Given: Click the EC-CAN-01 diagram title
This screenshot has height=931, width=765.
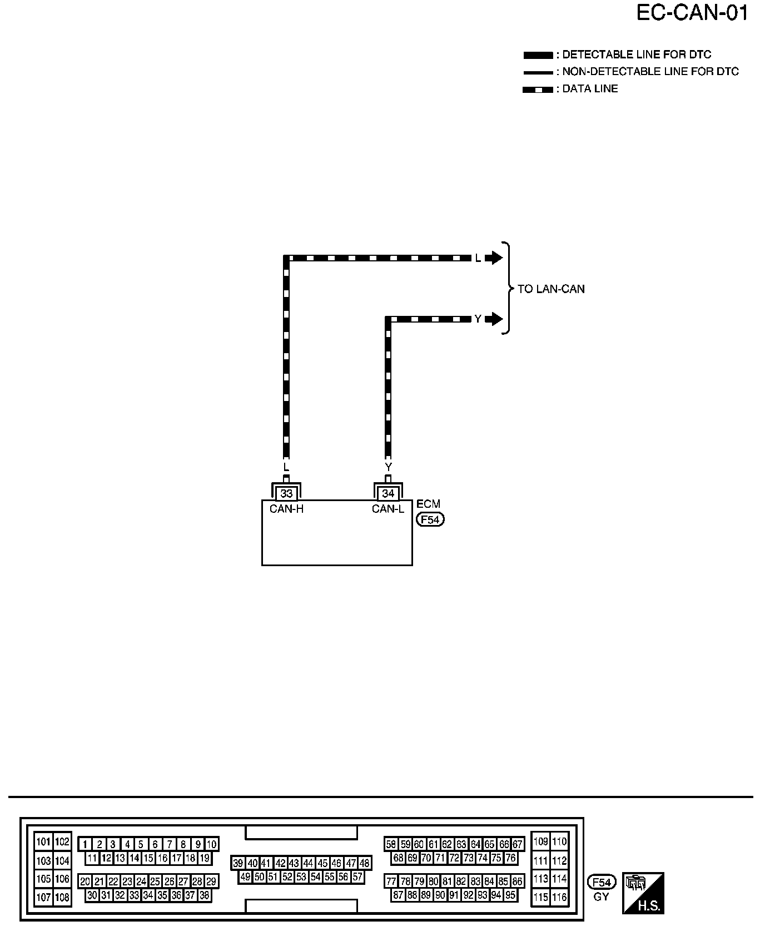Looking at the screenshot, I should point(692,13).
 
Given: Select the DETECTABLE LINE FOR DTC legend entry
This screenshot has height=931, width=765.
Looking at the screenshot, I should point(637,55).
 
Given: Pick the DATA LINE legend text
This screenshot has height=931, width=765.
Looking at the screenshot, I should point(590,89).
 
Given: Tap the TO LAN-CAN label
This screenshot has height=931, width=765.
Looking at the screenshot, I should point(551,289).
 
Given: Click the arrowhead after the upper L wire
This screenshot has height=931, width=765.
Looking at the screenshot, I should point(494,258).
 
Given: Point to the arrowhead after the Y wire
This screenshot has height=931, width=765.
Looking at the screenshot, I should point(494,319).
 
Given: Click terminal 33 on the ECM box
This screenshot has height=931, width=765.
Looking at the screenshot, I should point(286,493).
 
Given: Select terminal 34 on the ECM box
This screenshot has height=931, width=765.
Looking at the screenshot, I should point(388,493).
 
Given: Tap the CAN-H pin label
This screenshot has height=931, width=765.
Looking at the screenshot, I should point(286,509).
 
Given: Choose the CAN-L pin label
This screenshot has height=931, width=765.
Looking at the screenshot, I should point(388,509).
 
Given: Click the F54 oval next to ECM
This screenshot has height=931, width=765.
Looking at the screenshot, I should point(430,520).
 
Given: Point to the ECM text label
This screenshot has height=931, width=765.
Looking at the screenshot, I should point(428,504).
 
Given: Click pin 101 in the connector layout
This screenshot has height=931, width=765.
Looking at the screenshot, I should point(43,841).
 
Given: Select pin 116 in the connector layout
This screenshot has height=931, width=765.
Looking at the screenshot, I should point(559,897).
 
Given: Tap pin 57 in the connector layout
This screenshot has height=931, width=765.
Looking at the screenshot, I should point(357,877).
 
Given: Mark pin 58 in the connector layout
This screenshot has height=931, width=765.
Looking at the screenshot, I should point(391,844).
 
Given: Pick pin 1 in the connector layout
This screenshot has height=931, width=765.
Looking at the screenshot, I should point(85,844).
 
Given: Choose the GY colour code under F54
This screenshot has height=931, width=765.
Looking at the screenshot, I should point(602,897).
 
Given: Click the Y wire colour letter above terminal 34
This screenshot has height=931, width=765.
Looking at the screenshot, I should point(388,467).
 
